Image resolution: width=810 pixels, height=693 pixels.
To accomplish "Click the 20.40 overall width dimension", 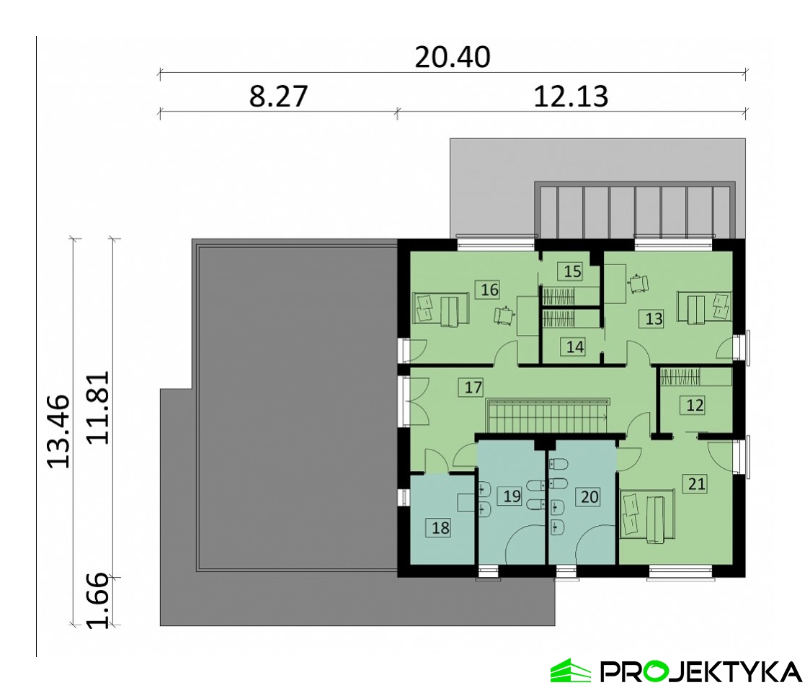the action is click(453, 57).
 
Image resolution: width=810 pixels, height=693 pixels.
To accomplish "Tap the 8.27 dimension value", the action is click(278, 96).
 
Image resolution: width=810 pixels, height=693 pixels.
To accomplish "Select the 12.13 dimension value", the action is click(571, 96).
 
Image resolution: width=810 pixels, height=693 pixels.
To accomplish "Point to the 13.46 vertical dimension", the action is click(58, 432).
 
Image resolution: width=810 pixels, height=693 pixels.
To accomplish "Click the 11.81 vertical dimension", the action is click(97, 408).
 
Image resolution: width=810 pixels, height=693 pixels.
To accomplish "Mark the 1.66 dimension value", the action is click(97, 601).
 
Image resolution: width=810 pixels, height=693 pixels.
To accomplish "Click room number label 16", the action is click(489, 290).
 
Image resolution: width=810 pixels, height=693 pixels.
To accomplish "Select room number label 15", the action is click(572, 271).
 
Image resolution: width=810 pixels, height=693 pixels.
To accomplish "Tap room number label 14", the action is click(575, 346).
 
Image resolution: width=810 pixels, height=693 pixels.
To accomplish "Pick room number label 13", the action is click(654, 318).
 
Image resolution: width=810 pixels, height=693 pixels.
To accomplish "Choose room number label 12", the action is click(695, 405).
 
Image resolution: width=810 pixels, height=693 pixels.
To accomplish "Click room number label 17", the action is click(473, 387).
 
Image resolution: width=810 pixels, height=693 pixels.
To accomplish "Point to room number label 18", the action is click(440, 528).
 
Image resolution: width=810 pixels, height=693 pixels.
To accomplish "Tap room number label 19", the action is click(512, 496).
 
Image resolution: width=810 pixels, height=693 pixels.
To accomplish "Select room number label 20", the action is click(589, 497).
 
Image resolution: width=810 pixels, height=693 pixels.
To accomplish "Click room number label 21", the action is click(696, 484).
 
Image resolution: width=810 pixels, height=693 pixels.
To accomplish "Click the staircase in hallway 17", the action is click(548, 415).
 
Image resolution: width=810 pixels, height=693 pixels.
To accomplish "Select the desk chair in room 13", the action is click(638, 284).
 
